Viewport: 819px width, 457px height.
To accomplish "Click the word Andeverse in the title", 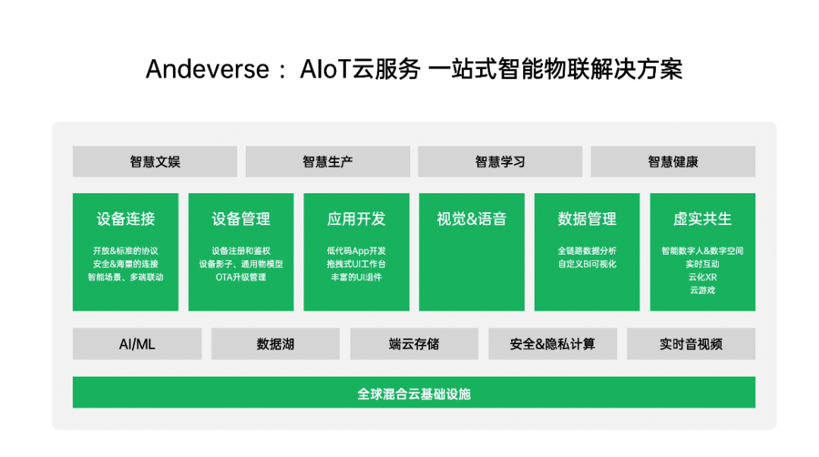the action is (x=207, y=70).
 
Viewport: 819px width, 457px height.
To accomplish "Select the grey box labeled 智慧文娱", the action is (x=155, y=161).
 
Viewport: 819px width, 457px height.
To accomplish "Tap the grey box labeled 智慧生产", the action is (x=328, y=161).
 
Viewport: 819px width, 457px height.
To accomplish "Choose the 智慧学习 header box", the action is (x=500, y=161).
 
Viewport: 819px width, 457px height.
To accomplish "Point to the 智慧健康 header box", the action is (x=673, y=161).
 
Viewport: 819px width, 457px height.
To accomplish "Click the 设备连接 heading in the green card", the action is (x=126, y=219).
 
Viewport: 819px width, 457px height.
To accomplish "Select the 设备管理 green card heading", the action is (x=241, y=219).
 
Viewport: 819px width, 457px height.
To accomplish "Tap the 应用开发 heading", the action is (x=356, y=219).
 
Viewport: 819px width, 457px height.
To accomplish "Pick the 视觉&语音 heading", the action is (x=472, y=219).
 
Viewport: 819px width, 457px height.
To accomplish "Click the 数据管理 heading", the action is (x=587, y=219).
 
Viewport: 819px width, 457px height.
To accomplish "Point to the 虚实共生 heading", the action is (x=702, y=219).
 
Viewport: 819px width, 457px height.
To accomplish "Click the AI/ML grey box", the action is (x=137, y=344).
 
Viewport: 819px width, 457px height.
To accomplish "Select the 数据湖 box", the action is (x=275, y=344).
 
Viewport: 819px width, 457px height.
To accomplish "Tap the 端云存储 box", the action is (x=414, y=344).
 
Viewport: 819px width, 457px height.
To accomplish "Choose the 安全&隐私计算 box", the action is (x=553, y=344).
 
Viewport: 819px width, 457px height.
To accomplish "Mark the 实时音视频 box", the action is (x=691, y=344).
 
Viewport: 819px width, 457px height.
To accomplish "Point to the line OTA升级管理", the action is (x=241, y=277).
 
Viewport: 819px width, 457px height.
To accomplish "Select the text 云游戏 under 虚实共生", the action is (x=702, y=290).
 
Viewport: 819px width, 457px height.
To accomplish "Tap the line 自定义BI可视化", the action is (x=587, y=264).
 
